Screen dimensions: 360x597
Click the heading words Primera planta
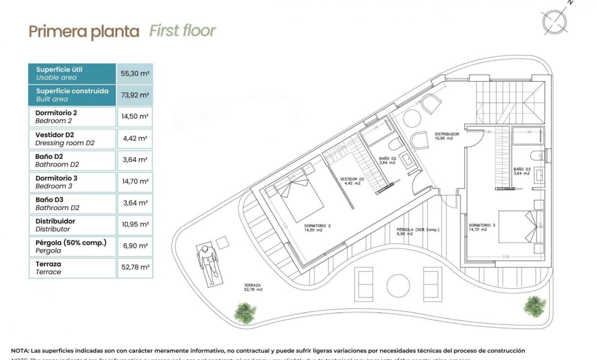[84, 32]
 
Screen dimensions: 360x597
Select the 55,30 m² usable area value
[135, 74]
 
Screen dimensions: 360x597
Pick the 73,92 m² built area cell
[135, 96]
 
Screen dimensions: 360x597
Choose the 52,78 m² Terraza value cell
[135, 268]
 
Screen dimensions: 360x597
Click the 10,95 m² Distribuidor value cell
[135, 225]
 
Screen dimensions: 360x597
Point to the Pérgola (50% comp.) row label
[72, 246]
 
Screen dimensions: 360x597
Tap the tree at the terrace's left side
[245, 312]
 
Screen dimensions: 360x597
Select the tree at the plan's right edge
[534, 306]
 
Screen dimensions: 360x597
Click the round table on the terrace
[397, 285]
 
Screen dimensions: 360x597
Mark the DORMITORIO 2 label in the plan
[317, 228]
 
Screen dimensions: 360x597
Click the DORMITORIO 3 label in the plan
[482, 228]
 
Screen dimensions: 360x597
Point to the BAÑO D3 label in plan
[523, 171]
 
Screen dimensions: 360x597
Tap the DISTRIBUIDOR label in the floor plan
[446, 136]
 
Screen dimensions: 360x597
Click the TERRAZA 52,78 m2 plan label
[253, 287]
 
